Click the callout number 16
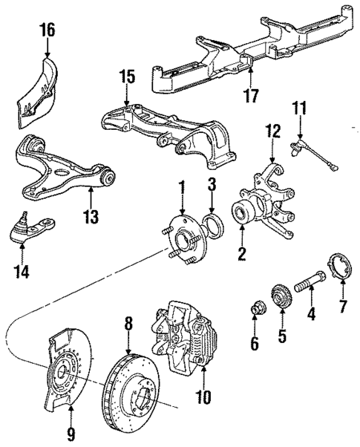click(47, 30)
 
